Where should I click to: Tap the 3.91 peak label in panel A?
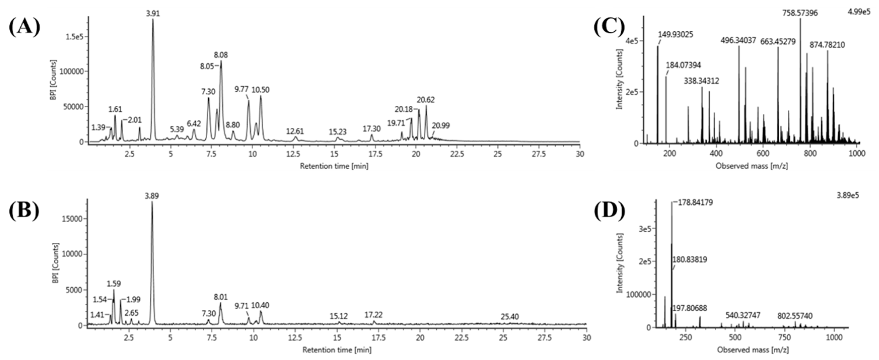153,14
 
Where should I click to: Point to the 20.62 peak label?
425,100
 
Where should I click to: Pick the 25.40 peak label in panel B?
509,317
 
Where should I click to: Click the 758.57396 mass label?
800,13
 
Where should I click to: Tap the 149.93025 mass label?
676,34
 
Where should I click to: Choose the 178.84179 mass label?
693,203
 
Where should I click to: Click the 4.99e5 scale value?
859,12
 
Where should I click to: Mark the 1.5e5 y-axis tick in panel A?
75,37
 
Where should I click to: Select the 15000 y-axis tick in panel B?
73,219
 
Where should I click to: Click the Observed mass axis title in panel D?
753,350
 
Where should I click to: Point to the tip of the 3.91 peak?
153,19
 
